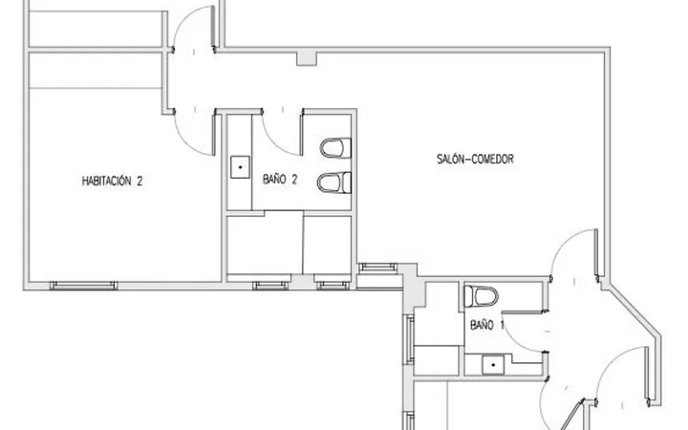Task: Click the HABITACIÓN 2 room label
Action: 112,181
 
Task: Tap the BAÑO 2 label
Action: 280,179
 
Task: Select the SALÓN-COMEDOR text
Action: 475,159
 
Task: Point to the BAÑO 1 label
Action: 487,325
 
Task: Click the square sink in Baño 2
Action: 240,167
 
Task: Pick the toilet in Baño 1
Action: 482,296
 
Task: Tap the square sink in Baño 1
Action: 493,365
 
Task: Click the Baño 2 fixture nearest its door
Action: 335,148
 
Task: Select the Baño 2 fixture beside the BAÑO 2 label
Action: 333,183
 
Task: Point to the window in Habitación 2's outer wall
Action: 83,285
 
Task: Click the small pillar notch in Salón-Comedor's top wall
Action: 307,59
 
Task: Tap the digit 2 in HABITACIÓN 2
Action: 140,181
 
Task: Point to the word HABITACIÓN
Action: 106,181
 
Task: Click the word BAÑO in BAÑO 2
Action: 274,179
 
